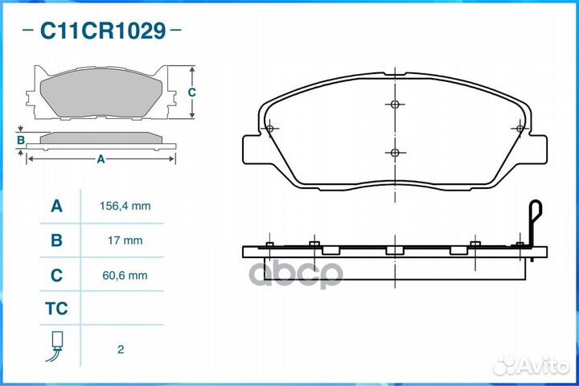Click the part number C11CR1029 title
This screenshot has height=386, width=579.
[x=102, y=31]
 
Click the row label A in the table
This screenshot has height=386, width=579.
[x=56, y=207]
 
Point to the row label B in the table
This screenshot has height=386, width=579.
[x=56, y=240]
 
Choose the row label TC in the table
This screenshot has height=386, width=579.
[x=56, y=309]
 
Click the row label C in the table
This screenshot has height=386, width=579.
[x=56, y=275]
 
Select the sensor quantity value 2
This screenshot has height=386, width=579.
[x=121, y=350]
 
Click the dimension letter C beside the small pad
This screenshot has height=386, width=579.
[x=191, y=92]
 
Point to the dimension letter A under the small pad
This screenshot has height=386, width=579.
[x=101, y=159]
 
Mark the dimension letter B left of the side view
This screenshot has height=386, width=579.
[x=21, y=141]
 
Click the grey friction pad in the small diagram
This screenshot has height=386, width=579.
[x=101, y=92]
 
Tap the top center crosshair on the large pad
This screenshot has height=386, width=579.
[x=393, y=104]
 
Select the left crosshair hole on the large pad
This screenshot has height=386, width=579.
[x=269, y=129]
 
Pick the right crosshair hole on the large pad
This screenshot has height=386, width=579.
[x=519, y=129]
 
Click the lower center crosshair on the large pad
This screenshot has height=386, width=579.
[x=393, y=153]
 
